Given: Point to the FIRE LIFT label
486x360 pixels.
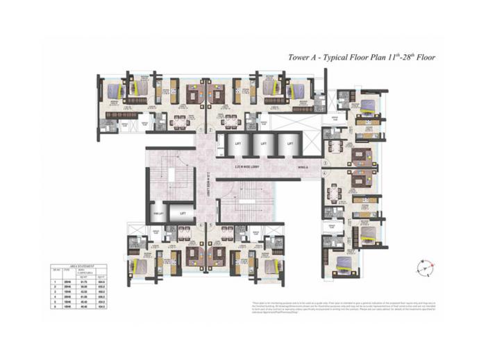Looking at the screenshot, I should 157,214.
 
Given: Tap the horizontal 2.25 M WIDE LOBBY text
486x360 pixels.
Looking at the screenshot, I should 249,167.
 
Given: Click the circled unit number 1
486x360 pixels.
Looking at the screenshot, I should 200,130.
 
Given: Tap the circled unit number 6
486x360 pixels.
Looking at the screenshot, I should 199,226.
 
